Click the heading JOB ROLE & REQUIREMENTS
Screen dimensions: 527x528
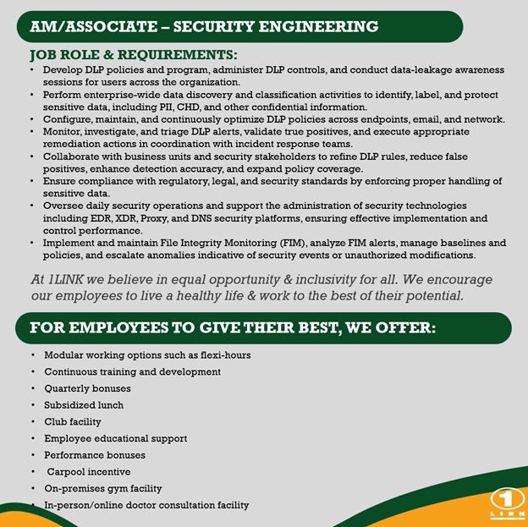[133, 55]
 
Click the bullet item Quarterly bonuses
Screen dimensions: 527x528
[87, 388]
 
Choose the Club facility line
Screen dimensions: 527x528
[72, 421]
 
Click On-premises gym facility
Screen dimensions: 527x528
[102, 488]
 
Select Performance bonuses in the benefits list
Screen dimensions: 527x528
[94, 455]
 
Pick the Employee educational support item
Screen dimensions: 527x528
[115, 438]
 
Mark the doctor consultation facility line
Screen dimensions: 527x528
[146, 505]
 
